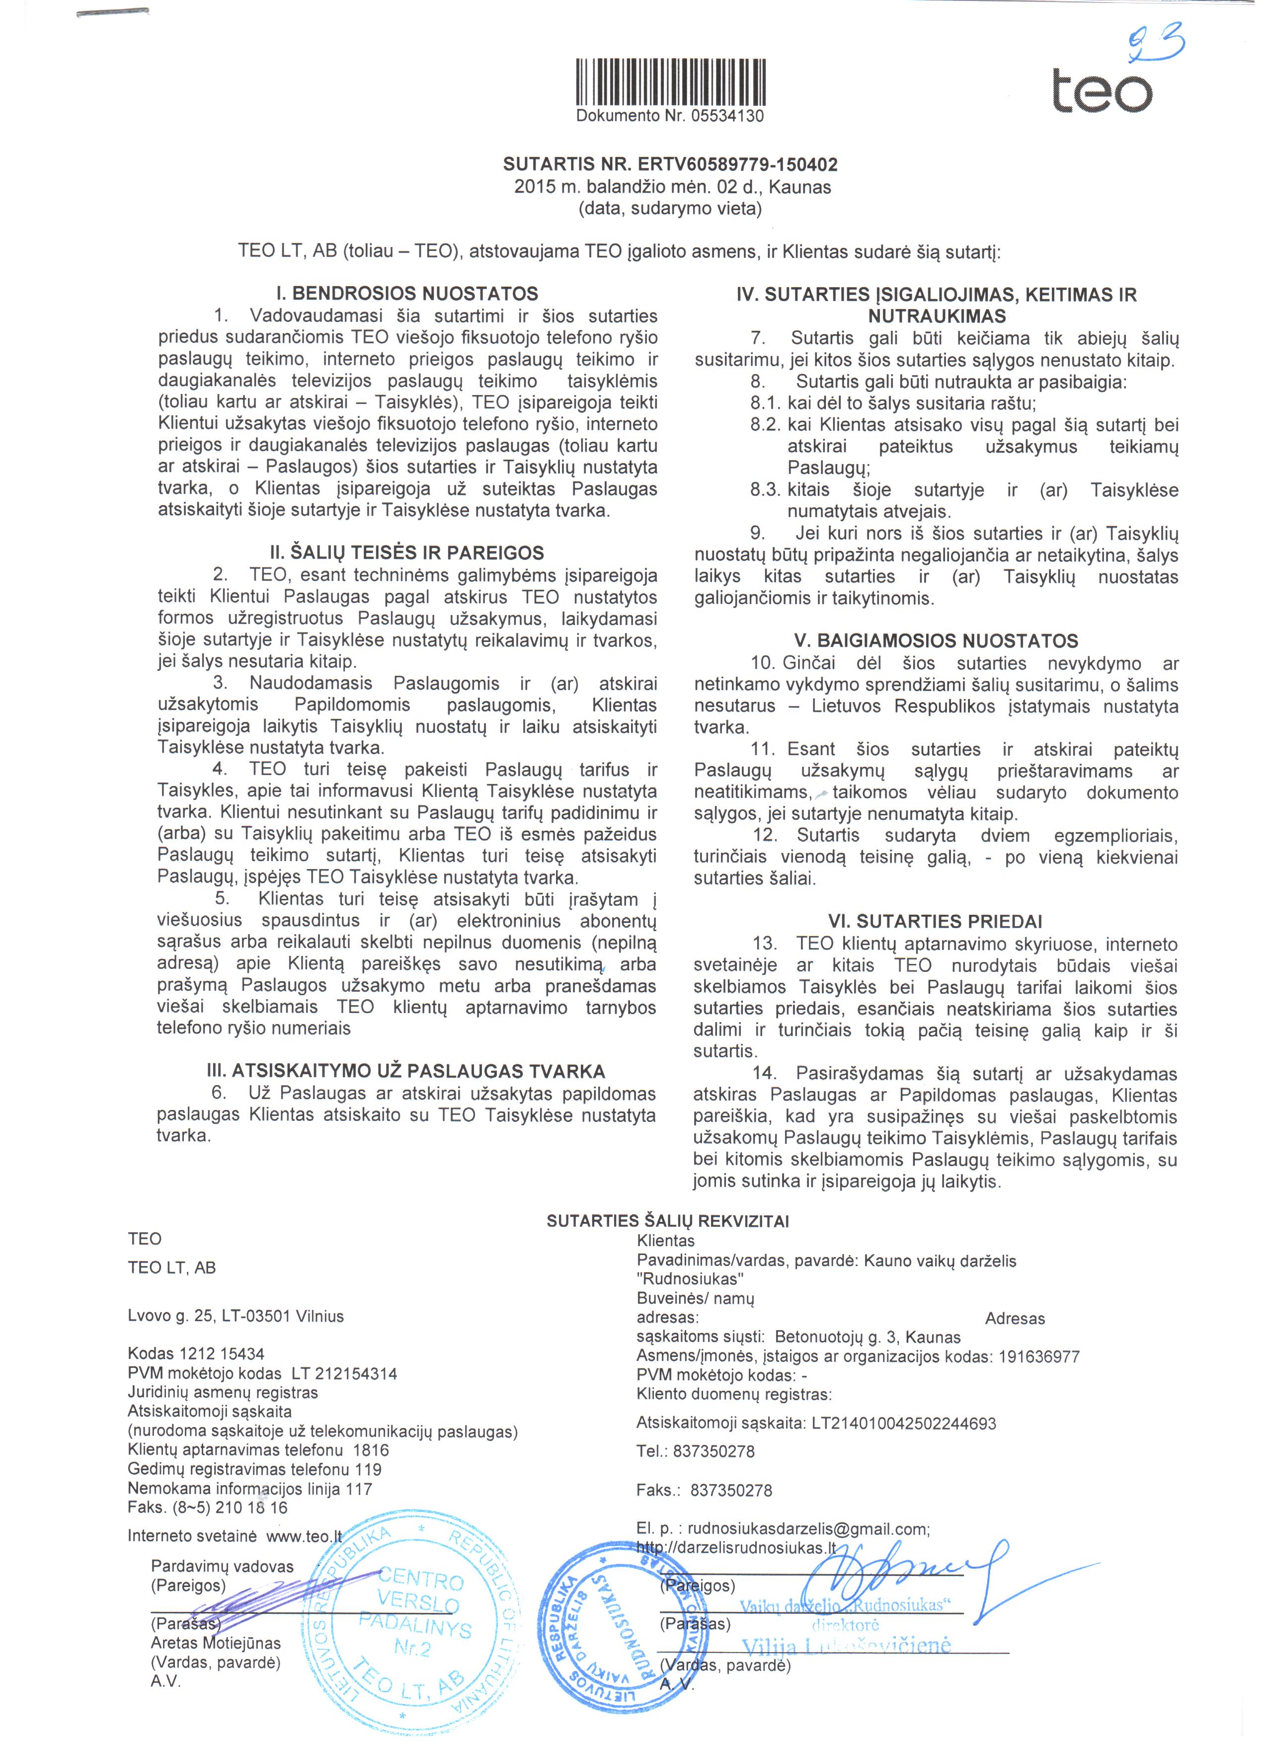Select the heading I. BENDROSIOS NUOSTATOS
click(x=407, y=294)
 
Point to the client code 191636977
click(x=1039, y=1357)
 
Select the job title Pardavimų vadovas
click(x=222, y=1566)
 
